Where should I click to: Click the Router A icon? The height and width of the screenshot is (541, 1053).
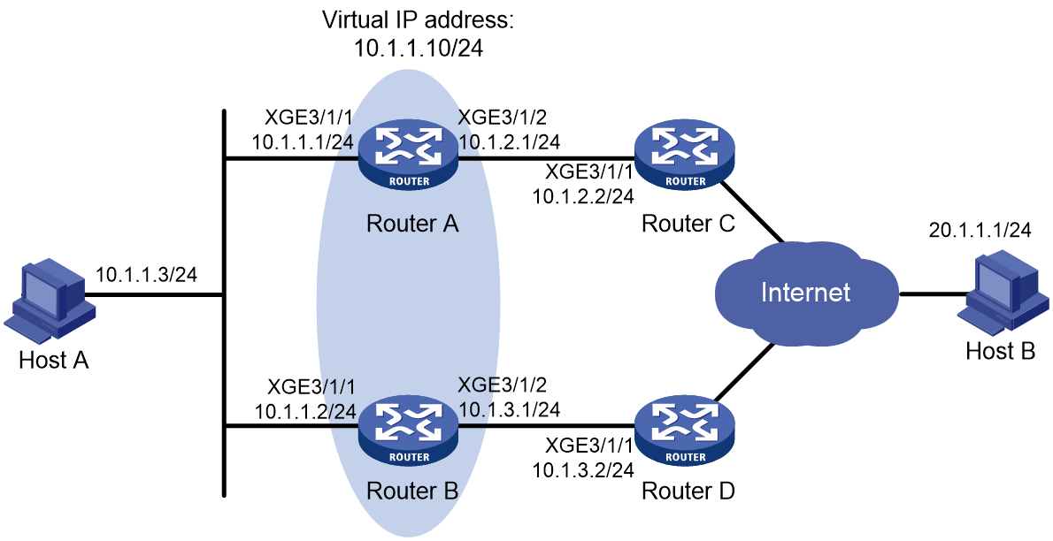(409, 159)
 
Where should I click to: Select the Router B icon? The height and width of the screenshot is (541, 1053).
(409, 434)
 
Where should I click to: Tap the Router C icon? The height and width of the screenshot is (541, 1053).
(685, 159)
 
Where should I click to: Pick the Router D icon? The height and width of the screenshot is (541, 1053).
(685, 434)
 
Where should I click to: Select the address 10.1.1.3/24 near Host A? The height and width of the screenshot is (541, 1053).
(146, 275)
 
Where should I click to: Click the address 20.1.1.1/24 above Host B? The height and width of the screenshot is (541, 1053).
(980, 230)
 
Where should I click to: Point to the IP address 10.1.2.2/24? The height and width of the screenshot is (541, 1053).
(583, 196)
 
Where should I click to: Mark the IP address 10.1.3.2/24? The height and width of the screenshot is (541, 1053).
(583, 470)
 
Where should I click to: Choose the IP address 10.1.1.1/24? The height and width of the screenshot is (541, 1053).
(303, 141)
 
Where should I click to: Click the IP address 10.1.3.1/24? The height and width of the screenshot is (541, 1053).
(509, 408)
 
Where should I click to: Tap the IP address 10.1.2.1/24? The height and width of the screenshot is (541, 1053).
(509, 141)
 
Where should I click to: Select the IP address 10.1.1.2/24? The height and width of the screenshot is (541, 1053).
(304, 411)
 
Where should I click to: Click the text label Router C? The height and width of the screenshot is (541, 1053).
(688, 224)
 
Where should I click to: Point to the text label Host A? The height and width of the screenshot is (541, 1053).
(54, 361)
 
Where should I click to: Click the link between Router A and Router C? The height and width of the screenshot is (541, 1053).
(547, 159)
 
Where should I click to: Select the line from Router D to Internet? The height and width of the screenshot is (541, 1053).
(745, 374)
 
